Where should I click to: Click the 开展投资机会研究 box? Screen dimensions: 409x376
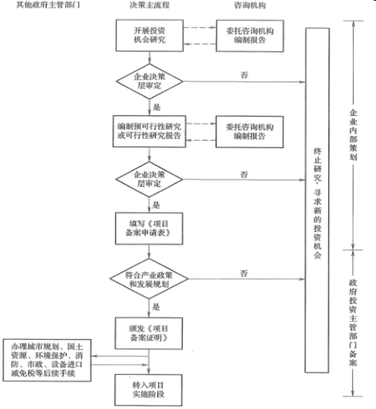150,35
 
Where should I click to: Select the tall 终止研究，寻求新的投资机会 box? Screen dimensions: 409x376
317,199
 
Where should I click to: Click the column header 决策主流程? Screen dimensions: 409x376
150,5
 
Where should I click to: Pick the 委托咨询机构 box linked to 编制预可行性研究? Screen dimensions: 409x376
245,131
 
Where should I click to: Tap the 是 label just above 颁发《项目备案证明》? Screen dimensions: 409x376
156,306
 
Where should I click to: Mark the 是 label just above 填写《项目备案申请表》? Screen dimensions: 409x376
156,205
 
